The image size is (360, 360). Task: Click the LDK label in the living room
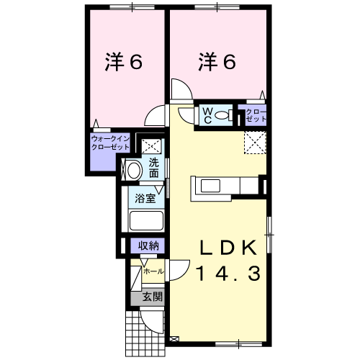(x=228, y=248)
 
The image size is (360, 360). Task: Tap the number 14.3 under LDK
(x=228, y=274)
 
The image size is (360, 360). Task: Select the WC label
(x=207, y=116)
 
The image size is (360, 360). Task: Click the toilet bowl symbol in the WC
(x=224, y=115)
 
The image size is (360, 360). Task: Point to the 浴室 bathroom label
(x=145, y=199)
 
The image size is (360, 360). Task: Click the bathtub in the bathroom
(x=146, y=220)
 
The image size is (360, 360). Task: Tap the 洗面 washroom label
(x=153, y=168)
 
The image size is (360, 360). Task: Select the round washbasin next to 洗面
(x=134, y=170)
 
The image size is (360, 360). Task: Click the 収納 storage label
(x=148, y=246)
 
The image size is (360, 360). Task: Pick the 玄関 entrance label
(x=153, y=297)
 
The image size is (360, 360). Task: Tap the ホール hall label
(x=153, y=271)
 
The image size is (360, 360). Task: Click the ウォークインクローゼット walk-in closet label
(x=111, y=143)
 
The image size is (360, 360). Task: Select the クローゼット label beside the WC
(x=256, y=115)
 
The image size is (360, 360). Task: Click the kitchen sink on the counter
(x=210, y=186)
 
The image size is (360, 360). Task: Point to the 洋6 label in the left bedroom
(x=124, y=61)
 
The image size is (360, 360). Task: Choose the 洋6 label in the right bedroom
(x=217, y=61)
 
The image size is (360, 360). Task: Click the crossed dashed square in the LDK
(x=255, y=143)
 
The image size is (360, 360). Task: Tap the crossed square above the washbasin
(x=151, y=146)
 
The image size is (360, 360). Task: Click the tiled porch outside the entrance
(x=145, y=334)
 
